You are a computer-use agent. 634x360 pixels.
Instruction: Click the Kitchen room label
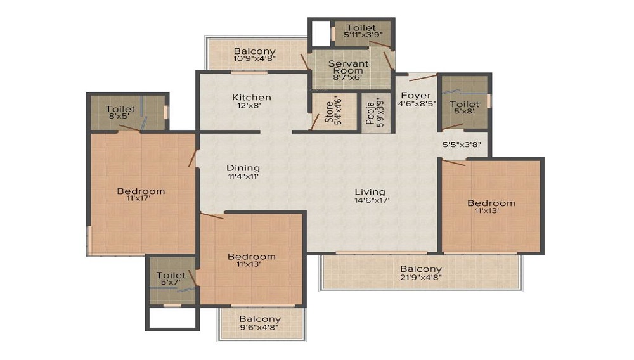[252, 97]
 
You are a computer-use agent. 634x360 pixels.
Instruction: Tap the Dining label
[243, 168]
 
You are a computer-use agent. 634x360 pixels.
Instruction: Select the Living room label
[370, 192]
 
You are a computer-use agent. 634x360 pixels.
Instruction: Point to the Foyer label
[415, 96]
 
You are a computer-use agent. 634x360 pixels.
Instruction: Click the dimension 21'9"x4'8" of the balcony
[421, 277]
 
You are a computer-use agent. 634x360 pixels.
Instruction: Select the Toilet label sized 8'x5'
[120, 109]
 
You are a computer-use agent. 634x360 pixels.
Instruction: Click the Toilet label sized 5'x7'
[171, 275]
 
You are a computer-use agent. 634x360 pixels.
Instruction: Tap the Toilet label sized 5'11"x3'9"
[361, 28]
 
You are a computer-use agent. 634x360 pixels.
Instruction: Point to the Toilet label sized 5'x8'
[464, 104]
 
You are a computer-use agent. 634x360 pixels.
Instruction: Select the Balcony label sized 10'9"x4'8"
[254, 51]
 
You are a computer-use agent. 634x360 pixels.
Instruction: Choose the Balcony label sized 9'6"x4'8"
[260, 319]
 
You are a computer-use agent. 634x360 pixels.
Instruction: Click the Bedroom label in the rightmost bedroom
[491, 203]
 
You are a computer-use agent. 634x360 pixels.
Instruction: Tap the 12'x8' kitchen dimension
[252, 105]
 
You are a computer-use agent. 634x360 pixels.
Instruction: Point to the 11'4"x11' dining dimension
[243, 176]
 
